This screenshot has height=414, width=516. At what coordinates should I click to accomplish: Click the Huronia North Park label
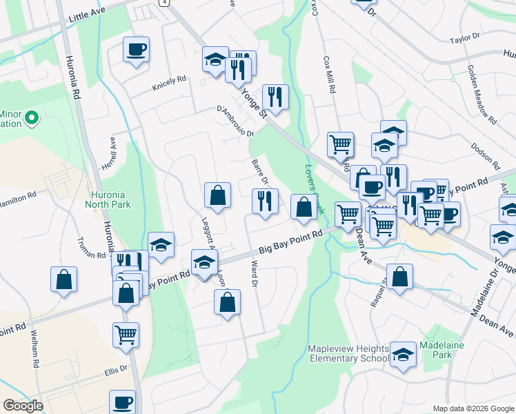pos(108,199)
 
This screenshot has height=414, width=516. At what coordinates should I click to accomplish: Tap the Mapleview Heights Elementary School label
pos(349,353)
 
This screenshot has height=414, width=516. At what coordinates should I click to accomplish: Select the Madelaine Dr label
pos(484,293)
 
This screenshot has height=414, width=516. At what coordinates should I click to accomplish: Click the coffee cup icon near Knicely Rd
pos(136,50)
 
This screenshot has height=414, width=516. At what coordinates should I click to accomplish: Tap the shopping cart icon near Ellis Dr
pos(126,335)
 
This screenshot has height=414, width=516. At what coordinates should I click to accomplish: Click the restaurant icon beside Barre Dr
pos(265,201)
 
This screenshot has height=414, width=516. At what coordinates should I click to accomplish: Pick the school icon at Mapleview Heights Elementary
pos(402,355)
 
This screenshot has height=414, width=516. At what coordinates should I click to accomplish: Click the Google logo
pos(23,406)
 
